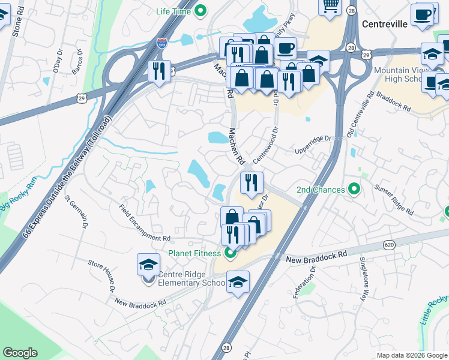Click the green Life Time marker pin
coord(202,11)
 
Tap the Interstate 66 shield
coord(161,44)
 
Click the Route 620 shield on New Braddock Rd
coord(389,245)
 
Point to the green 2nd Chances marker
coord(354,190)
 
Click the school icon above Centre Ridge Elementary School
coord(148,265)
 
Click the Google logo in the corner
coord(20,353)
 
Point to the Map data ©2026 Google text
coord(411,355)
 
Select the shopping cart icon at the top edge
coord(330,5)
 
